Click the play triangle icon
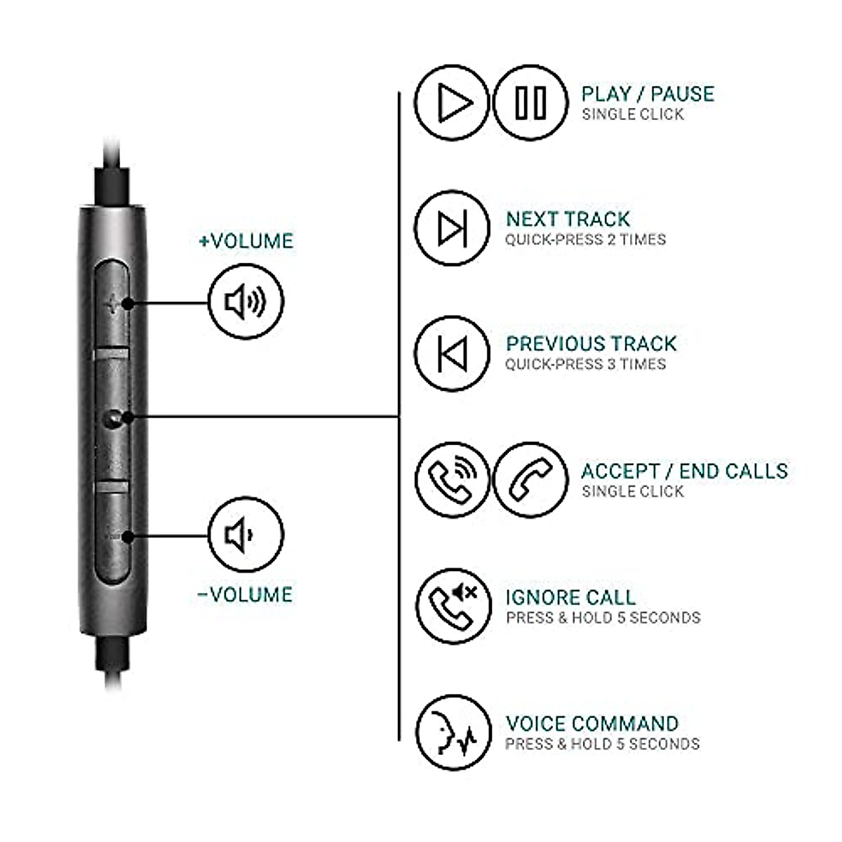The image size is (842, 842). (451, 102)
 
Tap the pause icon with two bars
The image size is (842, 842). (530, 102)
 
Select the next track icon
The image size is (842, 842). (451, 227)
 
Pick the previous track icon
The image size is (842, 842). (451, 352)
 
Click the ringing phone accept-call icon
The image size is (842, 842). (451, 480)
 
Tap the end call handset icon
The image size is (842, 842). (530, 480)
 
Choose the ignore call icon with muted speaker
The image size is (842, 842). (451, 605)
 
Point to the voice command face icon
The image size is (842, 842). (451, 730)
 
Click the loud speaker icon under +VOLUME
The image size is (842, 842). (246, 302)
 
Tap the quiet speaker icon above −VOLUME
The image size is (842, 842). (246, 535)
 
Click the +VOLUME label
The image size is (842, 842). (246, 241)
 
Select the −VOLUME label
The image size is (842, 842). (245, 595)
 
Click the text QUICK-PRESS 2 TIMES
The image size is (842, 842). (585, 240)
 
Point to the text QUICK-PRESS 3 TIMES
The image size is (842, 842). (585, 364)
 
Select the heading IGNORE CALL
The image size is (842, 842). (570, 598)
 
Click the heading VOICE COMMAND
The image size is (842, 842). (592, 723)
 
